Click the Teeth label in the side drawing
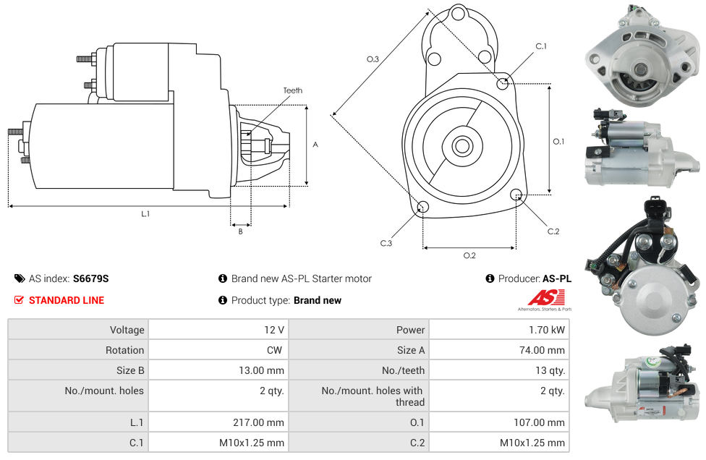pos(293,90)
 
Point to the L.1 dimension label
pos(145,214)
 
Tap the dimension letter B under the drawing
pos(240,231)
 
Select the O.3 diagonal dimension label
pos(373,59)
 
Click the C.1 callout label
pos(541,46)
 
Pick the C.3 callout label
pos(386,243)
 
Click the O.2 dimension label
pos(469,255)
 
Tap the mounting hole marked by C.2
pos(516,195)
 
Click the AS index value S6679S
pos(91,278)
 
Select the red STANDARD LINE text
pos(67,300)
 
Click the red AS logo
pos(546,297)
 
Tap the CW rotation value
pos(274,350)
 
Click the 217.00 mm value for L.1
pos(258,422)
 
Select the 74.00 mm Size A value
pos(542,350)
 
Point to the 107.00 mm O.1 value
pos(540,422)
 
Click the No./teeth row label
pos(403,370)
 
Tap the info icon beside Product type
pos(222,299)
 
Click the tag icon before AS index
pos(20,278)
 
